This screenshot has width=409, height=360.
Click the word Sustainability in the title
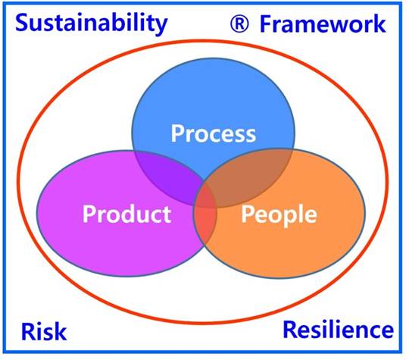click(x=92, y=24)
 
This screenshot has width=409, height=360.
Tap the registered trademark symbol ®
click(x=239, y=23)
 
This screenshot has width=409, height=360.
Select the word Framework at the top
click(x=323, y=23)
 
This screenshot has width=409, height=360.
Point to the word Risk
click(x=44, y=331)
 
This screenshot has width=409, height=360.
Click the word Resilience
click(x=339, y=330)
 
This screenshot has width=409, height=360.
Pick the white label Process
click(x=214, y=133)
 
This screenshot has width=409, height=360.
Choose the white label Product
click(x=126, y=214)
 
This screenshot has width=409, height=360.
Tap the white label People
click(x=279, y=214)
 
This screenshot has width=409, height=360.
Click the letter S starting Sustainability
click(x=22, y=23)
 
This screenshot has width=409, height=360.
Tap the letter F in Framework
click(x=266, y=24)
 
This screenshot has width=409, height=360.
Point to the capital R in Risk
click(x=28, y=331)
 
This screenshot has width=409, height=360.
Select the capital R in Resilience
click(x=290, y=330)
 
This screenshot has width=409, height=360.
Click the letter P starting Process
click(x=177, y=133)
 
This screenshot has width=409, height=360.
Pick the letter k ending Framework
click(x=379, y=23)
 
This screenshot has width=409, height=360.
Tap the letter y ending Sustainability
click(x=161, y=27)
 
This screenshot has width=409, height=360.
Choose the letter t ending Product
click(x=167, y=214)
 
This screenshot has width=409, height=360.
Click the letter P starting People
click(x=248, y=213)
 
